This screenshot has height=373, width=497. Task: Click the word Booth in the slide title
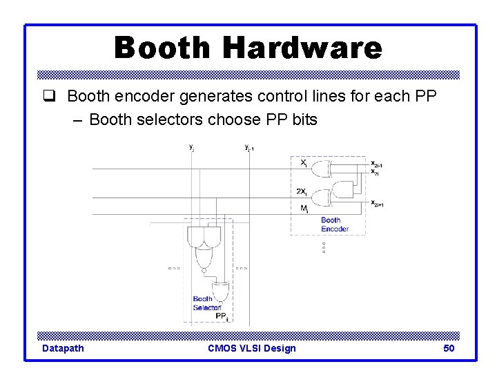163,48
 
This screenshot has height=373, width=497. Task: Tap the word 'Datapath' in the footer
63,348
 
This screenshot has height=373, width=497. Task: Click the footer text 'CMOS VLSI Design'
251,348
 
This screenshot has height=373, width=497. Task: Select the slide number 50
449,348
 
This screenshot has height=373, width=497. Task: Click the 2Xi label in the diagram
302,191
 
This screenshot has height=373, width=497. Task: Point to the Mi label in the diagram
304,207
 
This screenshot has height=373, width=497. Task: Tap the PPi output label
222,316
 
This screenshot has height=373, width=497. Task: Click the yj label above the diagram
191,146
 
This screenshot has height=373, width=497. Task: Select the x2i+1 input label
377,203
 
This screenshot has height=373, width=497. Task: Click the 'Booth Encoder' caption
334,224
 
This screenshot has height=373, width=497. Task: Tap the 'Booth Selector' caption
207,303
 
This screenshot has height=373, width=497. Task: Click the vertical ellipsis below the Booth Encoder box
324,247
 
